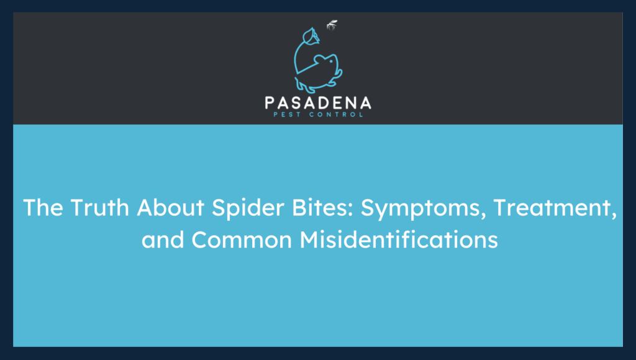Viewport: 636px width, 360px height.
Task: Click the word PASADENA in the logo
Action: click(317, 102)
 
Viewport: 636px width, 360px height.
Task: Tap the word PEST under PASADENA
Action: click(286, 114)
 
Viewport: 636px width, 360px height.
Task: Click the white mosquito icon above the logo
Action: click(332, 26)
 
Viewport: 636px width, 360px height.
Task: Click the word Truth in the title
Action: click(89, 208)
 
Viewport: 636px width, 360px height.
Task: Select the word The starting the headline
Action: click(40, 208)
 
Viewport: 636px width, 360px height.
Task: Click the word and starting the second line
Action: click(162, 239)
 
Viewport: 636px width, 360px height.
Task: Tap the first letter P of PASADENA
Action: click(270, 102)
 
